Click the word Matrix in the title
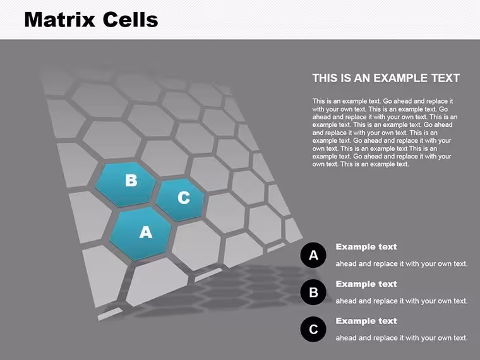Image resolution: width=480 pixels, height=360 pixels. [60, 20]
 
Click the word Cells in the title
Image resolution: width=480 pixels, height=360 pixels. [130, 20]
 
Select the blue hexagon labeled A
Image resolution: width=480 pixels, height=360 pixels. [140, 234]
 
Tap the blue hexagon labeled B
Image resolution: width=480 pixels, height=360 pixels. [126, 184]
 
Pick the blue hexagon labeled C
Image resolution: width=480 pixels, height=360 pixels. [180, 200]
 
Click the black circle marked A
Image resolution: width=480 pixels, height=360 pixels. [313, 255]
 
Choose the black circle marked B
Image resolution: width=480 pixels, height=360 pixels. [313, 292]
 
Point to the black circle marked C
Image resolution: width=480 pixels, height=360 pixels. [313, 329]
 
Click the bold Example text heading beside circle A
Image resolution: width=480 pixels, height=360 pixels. [366, 247]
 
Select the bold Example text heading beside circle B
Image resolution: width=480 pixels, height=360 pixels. [366, 284]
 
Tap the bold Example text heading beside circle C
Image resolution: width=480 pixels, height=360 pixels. [366, 321]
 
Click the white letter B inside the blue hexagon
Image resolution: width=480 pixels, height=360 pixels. [131, 180]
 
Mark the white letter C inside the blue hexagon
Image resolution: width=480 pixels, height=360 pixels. [184, 198]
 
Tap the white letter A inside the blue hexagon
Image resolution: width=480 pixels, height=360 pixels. [146, 232]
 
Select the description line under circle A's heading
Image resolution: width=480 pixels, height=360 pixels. [402, 264]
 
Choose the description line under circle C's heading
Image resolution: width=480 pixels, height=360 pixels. [402, 338]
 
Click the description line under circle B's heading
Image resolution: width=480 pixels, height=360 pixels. [402, 301]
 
